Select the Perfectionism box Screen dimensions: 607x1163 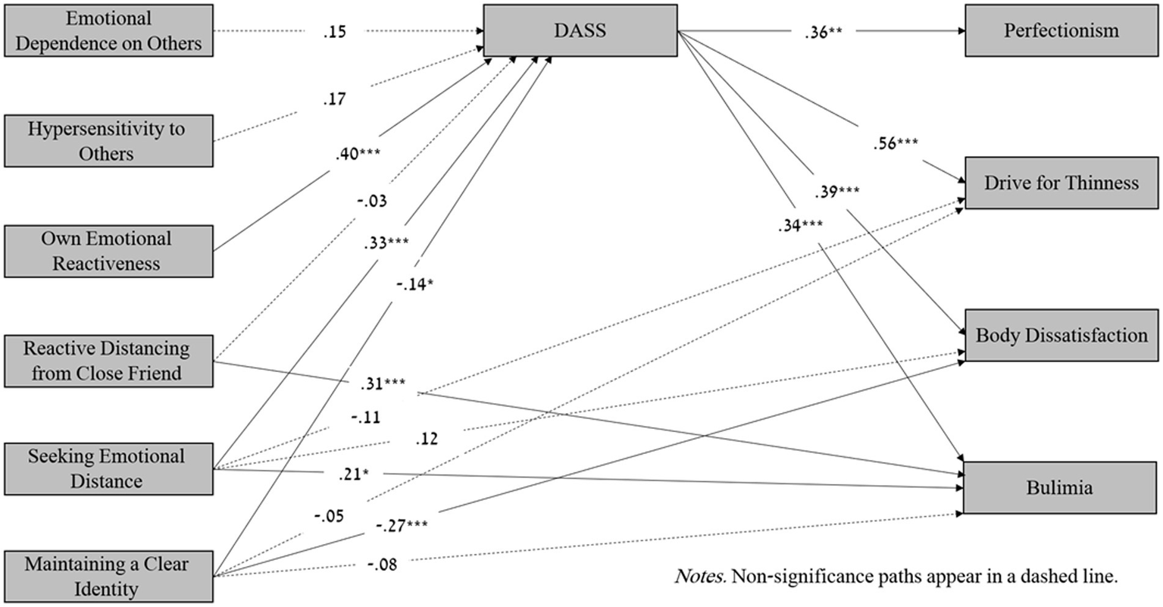[1061, 30]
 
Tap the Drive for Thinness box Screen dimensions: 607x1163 [1061, 183]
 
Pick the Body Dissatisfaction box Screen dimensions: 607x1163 [1061, 335]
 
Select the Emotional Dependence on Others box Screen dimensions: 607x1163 [108, 30]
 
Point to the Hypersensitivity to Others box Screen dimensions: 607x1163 [108, 141]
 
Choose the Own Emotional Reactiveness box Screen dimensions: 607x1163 [108, 251]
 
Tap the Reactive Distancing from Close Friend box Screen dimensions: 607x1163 [108, 361]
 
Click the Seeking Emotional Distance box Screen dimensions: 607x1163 [108, 469]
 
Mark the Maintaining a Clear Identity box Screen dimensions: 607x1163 [108, 577]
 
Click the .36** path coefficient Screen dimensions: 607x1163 [823, 33]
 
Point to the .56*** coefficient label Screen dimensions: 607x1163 [896, 143]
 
